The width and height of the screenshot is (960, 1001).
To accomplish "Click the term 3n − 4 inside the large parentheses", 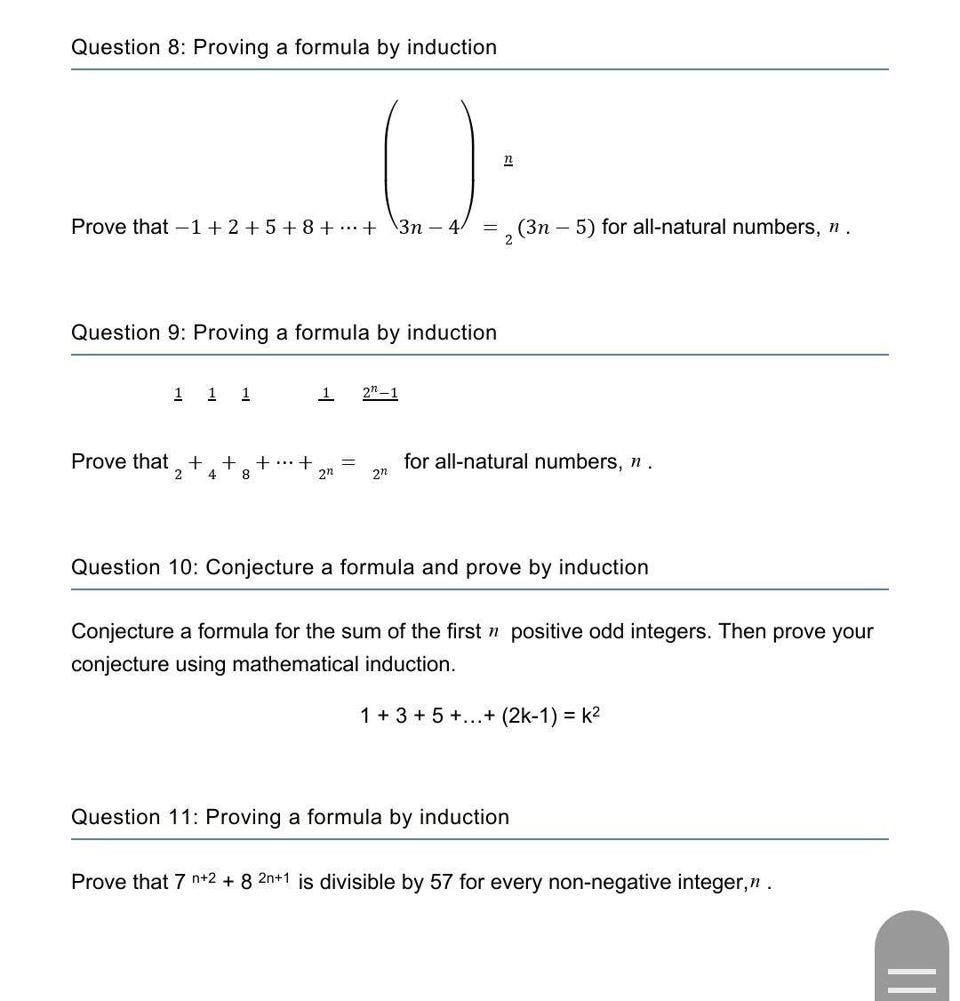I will tap(428, 227).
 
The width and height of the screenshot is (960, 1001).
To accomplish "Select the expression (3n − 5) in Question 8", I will tap(556, 227).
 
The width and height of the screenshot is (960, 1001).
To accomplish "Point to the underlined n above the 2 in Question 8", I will tap(508, 159).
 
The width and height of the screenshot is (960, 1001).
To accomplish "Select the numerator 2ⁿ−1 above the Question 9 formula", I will tap(380, 392).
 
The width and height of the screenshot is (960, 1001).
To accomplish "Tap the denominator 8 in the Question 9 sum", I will tap(246, 475).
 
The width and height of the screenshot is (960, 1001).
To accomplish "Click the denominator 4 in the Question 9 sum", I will tap(212, 475).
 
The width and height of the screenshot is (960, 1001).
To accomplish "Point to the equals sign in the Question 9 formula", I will tap(348, 462).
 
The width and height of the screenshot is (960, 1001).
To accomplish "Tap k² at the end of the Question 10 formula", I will tap(591, 715).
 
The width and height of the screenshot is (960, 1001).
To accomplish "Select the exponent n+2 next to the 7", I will tap(204, 878).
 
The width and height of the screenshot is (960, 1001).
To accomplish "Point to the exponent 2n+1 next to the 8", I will tap(274, 878).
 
